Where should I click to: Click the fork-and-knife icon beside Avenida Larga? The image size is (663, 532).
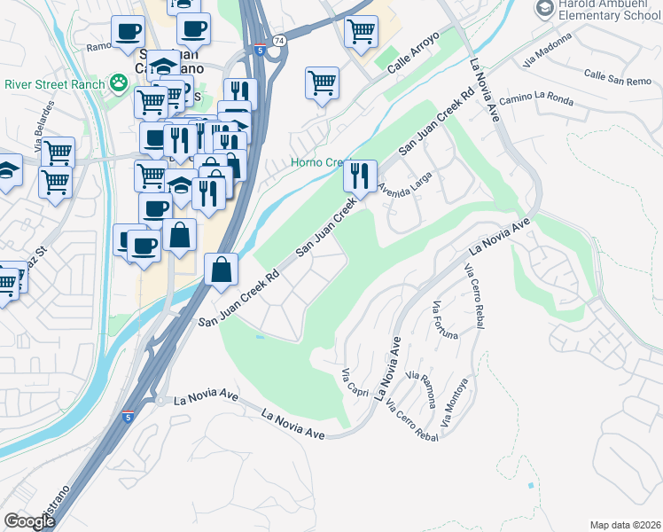coord(360,174)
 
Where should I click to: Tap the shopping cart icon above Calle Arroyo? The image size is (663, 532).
coord(360,32)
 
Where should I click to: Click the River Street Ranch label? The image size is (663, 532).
coord(51,84)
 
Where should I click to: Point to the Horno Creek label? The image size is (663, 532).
coord(322,163)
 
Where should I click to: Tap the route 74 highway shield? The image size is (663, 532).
coord(279,41)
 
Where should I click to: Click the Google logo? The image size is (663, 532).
coord(30,521)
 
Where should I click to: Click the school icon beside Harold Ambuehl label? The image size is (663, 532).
coord(544,8)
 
